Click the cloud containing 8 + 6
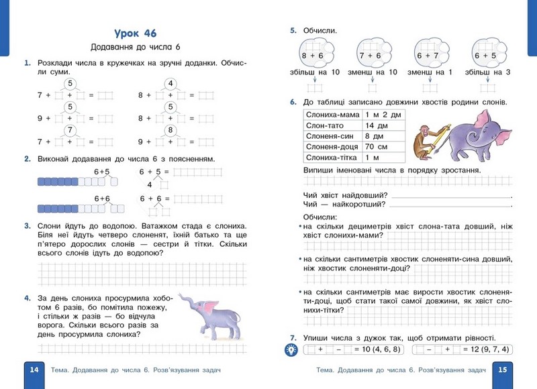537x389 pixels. coord(313,54)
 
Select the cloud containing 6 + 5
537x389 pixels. coord(485,54)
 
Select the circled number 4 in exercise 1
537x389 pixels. coord(170,84)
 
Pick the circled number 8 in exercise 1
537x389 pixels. coord(170,130)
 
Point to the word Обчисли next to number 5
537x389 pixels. coord(320,31)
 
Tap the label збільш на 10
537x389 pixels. coord(313,72)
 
